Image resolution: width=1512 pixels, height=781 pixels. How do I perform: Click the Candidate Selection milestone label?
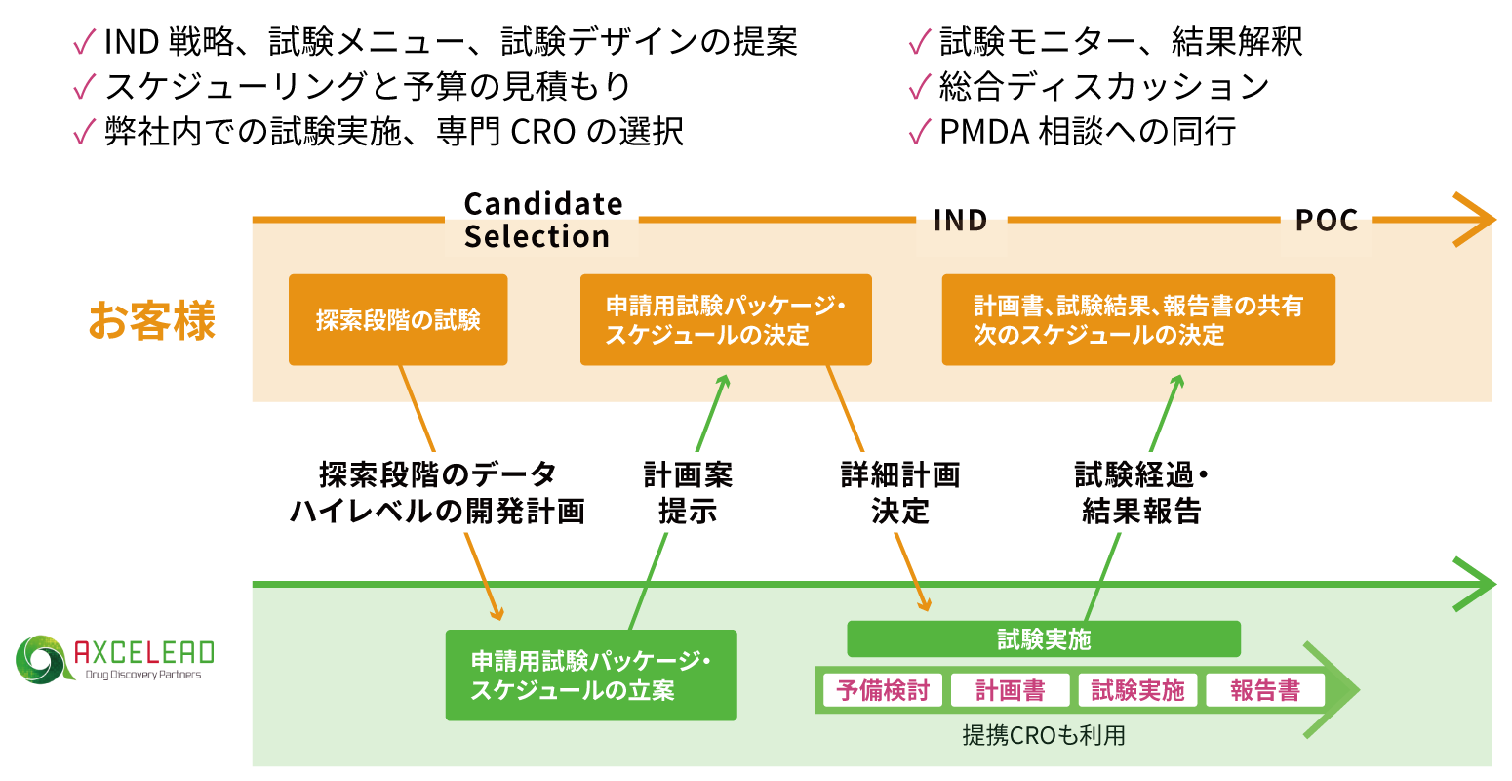pyautogui.click(x=541, y=221)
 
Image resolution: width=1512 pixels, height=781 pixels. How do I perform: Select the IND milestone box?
pyautogui.click(x=961, y=222)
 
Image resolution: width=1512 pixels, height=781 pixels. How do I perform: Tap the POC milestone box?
pyautogui.click(x=1326, y=222)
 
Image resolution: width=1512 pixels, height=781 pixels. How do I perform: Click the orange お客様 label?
pyautogui.click(x=152, y=320)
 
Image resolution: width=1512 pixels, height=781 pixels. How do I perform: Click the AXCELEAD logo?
pyautogui.click(x=112, y=660)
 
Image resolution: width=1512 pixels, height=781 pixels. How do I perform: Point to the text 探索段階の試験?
pyautogui.click(x=398, y=320)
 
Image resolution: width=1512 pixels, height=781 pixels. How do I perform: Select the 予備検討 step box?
pyautogui.click(x=883, y=690)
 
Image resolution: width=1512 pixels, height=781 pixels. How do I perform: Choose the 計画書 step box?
pyautogui.click(x=1010, y=690)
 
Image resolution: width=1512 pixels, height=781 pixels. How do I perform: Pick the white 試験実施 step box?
pyautogui.click(x=1137, y=690)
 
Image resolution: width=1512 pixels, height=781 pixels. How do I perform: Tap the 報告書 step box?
pyautogui.click(x=1265, y=690)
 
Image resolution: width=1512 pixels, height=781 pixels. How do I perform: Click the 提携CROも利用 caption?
pyautogui.click(x=1044, y=735)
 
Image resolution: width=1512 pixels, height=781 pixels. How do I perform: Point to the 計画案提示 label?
pyautogui.click(x=688, y=493)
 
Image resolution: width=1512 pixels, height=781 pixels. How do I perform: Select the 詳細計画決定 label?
pyautogui.click(x=900, y=493)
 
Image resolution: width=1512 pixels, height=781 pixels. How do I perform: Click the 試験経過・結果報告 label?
pyautogui.click(x=1141, y=493)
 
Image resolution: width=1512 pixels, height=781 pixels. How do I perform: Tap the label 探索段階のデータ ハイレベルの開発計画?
pyautogui.click(x=438, y=493)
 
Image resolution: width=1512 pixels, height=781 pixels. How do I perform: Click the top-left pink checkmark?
pyautogui.click(x=85, y=42)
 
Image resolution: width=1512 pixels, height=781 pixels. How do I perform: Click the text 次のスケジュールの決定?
pyautogui.click(x=1098, y=335)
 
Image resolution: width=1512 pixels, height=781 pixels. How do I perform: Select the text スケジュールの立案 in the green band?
pyautogui.click(x=573, y=690)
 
